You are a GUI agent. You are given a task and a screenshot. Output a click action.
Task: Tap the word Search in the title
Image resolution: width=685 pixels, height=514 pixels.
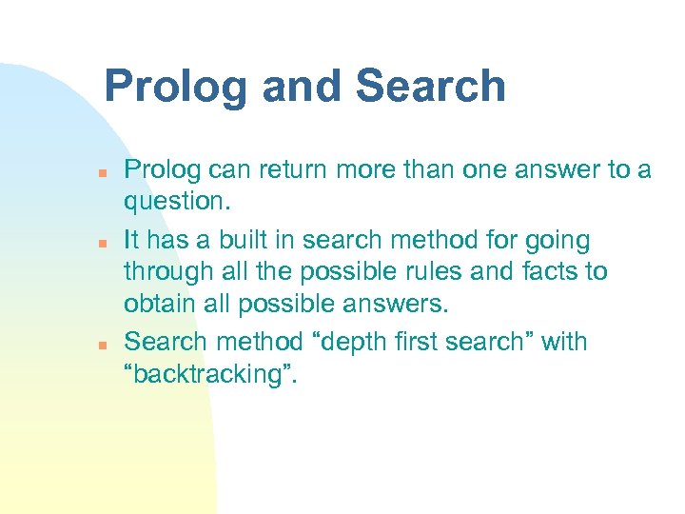430,87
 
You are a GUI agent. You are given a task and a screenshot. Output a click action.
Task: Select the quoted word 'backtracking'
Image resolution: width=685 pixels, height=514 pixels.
211,375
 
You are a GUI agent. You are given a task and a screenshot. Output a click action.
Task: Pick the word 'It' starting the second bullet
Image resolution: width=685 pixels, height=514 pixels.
133,239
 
